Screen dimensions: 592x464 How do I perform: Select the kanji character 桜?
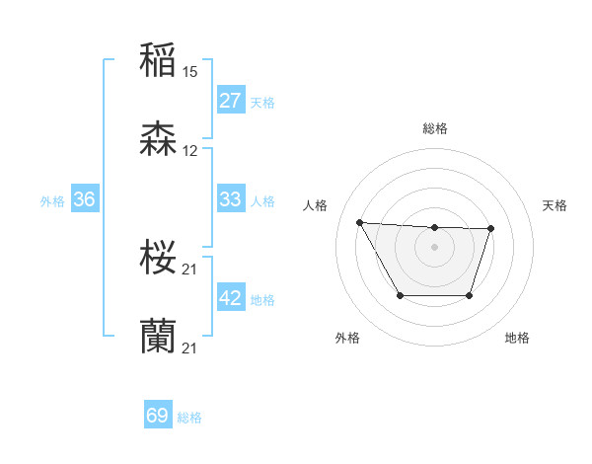click(x=158, y=258)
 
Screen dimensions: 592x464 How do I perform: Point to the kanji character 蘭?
click(x=158, y=337)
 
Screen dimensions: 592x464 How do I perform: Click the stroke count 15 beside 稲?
click(x=190, y=71)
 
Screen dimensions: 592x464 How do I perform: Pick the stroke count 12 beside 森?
click(x=190, y=151)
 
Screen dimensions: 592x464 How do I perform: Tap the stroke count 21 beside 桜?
click(x=190, y=270)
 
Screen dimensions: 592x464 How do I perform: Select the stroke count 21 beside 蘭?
click(x=190, y=348)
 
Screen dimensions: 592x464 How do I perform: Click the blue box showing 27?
click(x=230, y=101)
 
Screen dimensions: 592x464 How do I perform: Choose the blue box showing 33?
click(x=230, y=199)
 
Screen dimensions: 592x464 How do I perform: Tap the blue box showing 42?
click(x=230, y=298)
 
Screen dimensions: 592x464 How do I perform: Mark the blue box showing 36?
click(x=85, y=199)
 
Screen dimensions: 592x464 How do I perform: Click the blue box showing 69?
click(x=158, y=416)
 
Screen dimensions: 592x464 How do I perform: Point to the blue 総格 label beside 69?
click(x=189, y=418)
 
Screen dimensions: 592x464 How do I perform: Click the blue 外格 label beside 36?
click(x=52, y=201)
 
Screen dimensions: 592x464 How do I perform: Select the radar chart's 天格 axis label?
click(x=555, y=205)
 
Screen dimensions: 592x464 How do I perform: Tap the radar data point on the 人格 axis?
click(x=360, y=222)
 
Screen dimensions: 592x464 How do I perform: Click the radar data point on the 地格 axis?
click(x=470, y=295)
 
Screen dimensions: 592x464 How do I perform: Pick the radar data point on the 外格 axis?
click(x=400, y=295)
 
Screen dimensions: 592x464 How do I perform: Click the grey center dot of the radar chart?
click(x=434, y=246)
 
